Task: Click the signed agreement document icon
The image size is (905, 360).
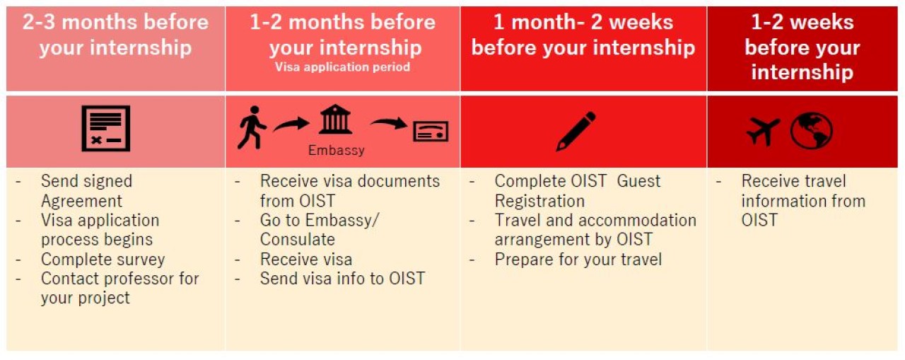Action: (x=105, y=129)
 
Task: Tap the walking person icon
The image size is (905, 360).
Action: (x=251, y=128)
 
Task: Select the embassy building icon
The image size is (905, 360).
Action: (x=336, y=120)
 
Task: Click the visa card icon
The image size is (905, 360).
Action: (x=431, y=131)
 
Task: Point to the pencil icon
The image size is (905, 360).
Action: (x=576, y=131)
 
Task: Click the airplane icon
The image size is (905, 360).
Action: (x=763, y=132)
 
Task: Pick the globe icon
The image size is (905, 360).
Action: (x=811, y=131)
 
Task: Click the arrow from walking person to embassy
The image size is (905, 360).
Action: (x=291, y=125)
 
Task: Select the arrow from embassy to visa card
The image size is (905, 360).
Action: (x=388, y=124)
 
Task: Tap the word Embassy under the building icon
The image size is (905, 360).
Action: (x=337, y=151)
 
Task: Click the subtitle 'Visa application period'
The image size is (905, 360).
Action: (x=342, y=68)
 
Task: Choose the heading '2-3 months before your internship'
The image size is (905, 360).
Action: (x=115, y=35)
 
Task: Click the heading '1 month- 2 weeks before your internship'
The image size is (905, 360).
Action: (x=583, y=35)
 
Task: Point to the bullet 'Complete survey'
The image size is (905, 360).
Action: (x=103, y=260)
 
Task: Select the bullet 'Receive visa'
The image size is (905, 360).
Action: (x=305, y=260)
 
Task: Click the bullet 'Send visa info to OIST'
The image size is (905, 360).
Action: (x=342, y=279)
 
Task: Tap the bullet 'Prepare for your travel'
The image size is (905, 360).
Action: (x=578, y=260)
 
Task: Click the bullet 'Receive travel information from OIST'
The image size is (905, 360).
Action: (x=802, y=201)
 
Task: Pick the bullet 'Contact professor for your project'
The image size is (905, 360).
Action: (x=119, y=288)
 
